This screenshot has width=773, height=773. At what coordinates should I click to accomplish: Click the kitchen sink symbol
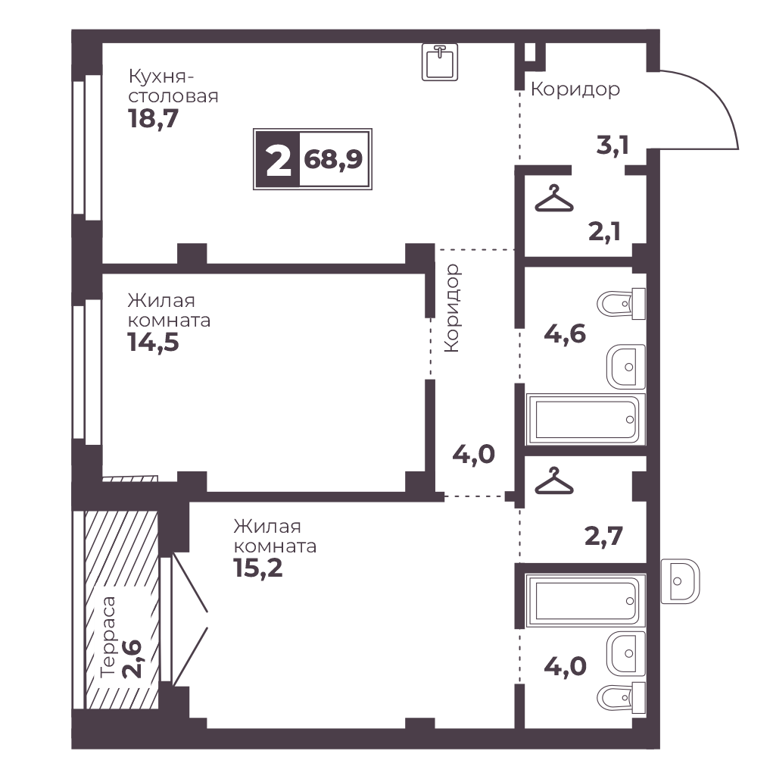click(440, 61)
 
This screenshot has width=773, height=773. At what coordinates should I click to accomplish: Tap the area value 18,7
click(154, 118)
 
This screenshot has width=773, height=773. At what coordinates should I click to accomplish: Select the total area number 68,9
click(333, 159)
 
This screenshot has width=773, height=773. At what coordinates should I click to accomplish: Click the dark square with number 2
click(278, 159)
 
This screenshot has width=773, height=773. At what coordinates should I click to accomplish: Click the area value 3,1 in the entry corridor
click(612, 145)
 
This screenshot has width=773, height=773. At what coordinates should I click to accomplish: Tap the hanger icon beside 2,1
click(554, 199)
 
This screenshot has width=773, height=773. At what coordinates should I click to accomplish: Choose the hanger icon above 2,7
click(554, 480)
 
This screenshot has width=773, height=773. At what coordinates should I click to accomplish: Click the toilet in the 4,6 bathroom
click(621, 304)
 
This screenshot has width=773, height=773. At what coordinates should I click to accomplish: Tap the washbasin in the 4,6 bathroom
click(626, 367)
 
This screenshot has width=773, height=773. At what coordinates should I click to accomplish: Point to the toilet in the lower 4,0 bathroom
click(621, 698)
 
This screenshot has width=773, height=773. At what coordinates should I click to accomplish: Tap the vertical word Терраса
click(107, 637)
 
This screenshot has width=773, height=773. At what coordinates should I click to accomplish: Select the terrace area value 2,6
click(132, 659)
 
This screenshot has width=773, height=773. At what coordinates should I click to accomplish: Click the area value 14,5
click(154, 342)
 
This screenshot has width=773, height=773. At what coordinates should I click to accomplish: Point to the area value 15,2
click(258, 568)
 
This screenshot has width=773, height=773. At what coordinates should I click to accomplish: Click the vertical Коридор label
click(452, 308)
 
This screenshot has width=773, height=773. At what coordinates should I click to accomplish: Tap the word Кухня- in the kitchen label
click(161, 77)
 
